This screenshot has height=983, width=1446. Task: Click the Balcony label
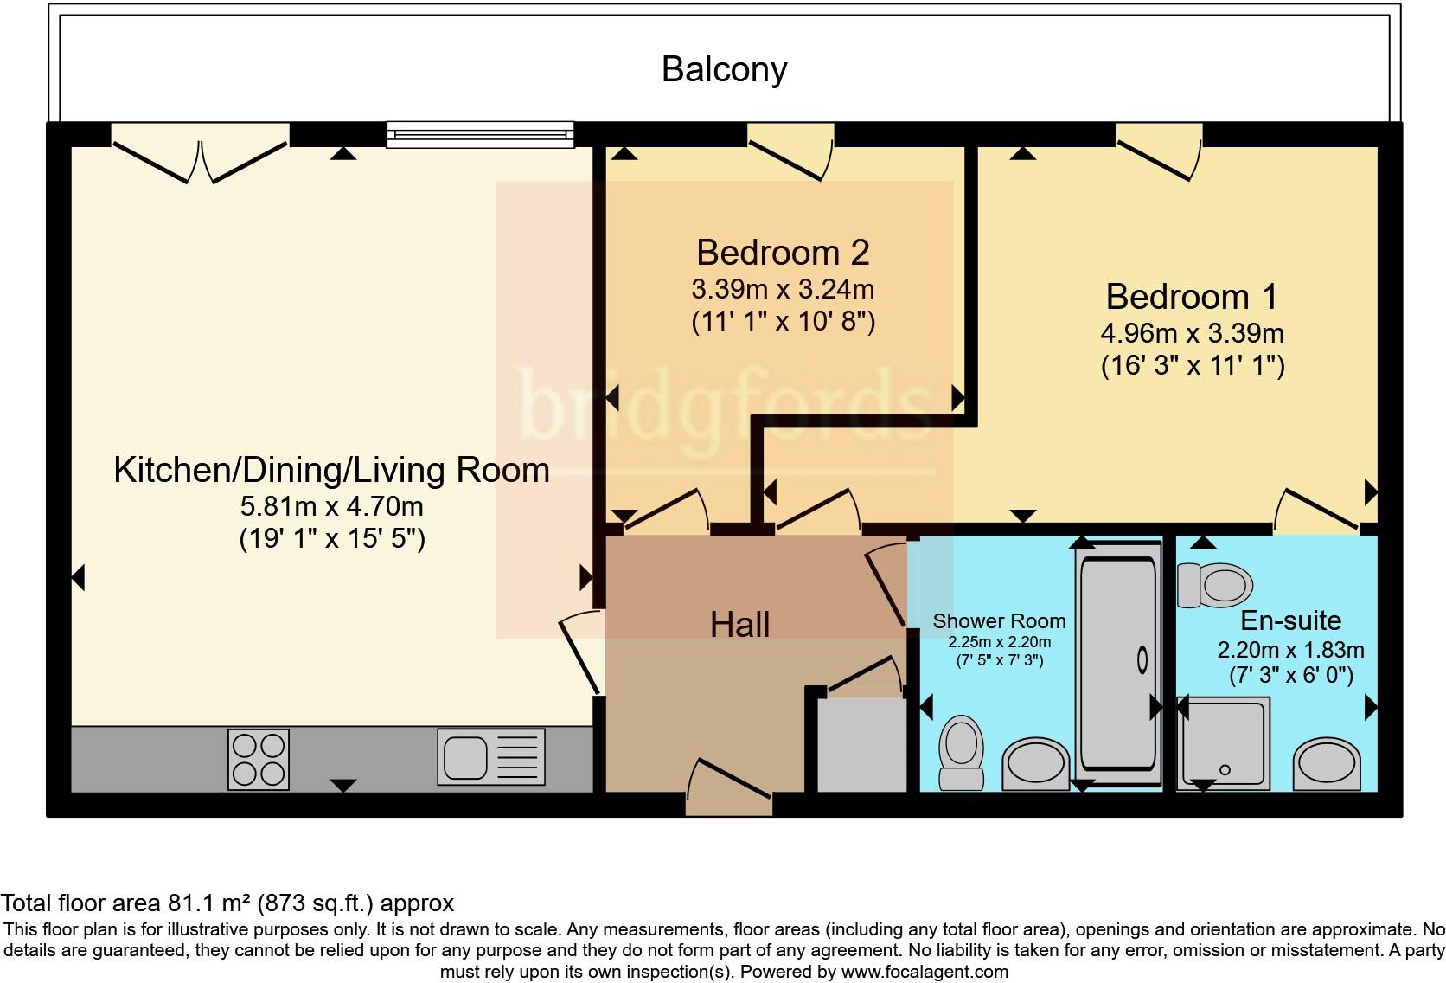tap(724, 70)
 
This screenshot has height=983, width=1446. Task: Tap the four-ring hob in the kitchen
tap(259, 760)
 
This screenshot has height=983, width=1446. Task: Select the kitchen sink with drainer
tap(491, 757)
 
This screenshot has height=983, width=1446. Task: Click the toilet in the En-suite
tap(1215, 585)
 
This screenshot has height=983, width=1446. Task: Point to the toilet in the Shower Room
tap(961, 753)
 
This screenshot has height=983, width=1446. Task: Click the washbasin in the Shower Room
tap(1035, 764)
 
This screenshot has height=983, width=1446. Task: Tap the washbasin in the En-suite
tap(1327, 764)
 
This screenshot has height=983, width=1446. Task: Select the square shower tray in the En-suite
tap(1223, 743)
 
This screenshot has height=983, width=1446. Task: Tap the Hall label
tap(739, 626)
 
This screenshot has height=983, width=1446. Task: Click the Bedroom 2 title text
tap(783, 253)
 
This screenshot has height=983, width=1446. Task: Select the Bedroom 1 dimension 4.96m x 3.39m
tap(1193, 334)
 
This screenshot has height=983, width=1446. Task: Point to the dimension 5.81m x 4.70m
tap(332, 506)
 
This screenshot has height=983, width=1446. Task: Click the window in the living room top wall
tap(480, 135)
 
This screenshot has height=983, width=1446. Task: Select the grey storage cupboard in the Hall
tap(861, 745)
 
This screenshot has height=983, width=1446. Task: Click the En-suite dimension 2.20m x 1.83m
tap(1291, 650)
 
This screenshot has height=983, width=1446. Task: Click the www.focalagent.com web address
tap(925, 972)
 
